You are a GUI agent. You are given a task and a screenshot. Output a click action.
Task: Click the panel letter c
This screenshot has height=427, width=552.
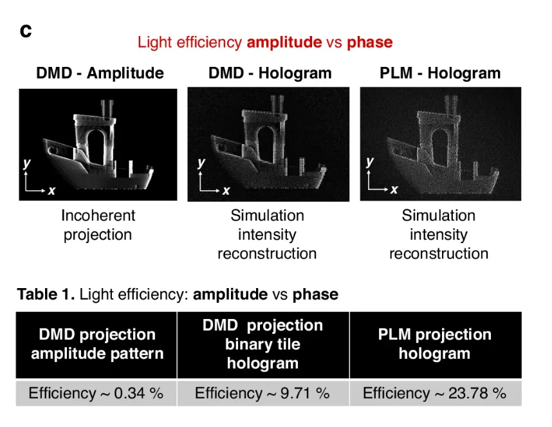pos(26,31)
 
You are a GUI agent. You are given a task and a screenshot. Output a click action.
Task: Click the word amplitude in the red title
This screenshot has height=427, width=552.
pos(284,42)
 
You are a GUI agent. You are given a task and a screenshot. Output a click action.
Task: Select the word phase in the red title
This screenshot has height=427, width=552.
pos(370,43)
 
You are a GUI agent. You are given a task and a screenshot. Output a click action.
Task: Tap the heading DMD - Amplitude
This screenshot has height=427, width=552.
pos(100,73)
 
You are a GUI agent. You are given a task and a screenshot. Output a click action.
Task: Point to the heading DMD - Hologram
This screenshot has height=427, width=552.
pos(270,73)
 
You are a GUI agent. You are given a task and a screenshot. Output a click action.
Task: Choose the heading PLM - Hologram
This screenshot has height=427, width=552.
pos(440,73)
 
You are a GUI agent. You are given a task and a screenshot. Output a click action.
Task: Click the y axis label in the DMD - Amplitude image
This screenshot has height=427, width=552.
pos(27,164)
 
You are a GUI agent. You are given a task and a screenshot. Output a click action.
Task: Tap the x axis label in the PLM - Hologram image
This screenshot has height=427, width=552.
pos(394,190)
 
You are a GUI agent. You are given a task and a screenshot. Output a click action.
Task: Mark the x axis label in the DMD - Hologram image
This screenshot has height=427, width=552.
pos(226,191)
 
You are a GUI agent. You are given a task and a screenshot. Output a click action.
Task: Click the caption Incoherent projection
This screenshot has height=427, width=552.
pos(98,225)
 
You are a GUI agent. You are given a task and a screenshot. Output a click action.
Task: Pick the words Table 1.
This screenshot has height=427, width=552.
pos(46,295)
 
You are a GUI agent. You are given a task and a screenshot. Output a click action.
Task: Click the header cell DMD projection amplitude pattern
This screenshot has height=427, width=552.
pos(97,345)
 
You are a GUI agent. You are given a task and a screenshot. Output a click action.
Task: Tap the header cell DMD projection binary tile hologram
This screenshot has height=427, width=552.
pos(263,345)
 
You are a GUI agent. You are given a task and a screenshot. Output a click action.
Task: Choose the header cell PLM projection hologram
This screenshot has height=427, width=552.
pos(436,345)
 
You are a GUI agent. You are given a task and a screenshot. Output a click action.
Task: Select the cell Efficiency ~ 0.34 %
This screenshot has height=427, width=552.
pos(96,393)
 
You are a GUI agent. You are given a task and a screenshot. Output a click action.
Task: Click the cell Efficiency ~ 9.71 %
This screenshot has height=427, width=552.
pos(262,393)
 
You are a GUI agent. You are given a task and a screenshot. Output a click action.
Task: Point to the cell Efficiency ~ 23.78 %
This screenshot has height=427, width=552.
pos(435,393)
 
